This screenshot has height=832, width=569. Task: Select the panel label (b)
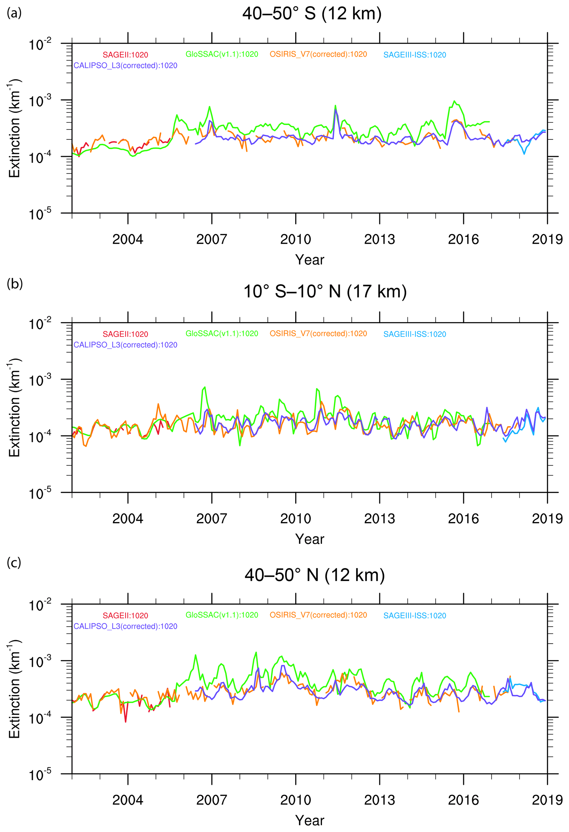[14, 284]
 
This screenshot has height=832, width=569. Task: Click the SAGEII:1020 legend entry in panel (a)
[125, 55]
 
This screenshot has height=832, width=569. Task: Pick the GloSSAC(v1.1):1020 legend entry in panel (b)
[222, 334]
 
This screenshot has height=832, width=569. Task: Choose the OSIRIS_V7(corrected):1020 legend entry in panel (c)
[318, 615]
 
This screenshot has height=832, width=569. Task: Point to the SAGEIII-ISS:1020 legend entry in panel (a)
[415, 55]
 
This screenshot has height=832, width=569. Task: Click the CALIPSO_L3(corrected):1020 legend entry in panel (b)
[125, 345]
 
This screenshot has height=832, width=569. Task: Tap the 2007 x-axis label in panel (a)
[211, 239]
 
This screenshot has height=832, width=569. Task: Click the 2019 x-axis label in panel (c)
[547, 800]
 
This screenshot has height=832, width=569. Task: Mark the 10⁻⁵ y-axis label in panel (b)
[40, 493]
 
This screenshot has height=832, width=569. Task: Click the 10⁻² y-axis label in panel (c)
[40, 605]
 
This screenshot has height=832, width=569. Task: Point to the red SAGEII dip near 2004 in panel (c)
[125, 721]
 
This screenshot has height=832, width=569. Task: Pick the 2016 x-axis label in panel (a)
[463, 239]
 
